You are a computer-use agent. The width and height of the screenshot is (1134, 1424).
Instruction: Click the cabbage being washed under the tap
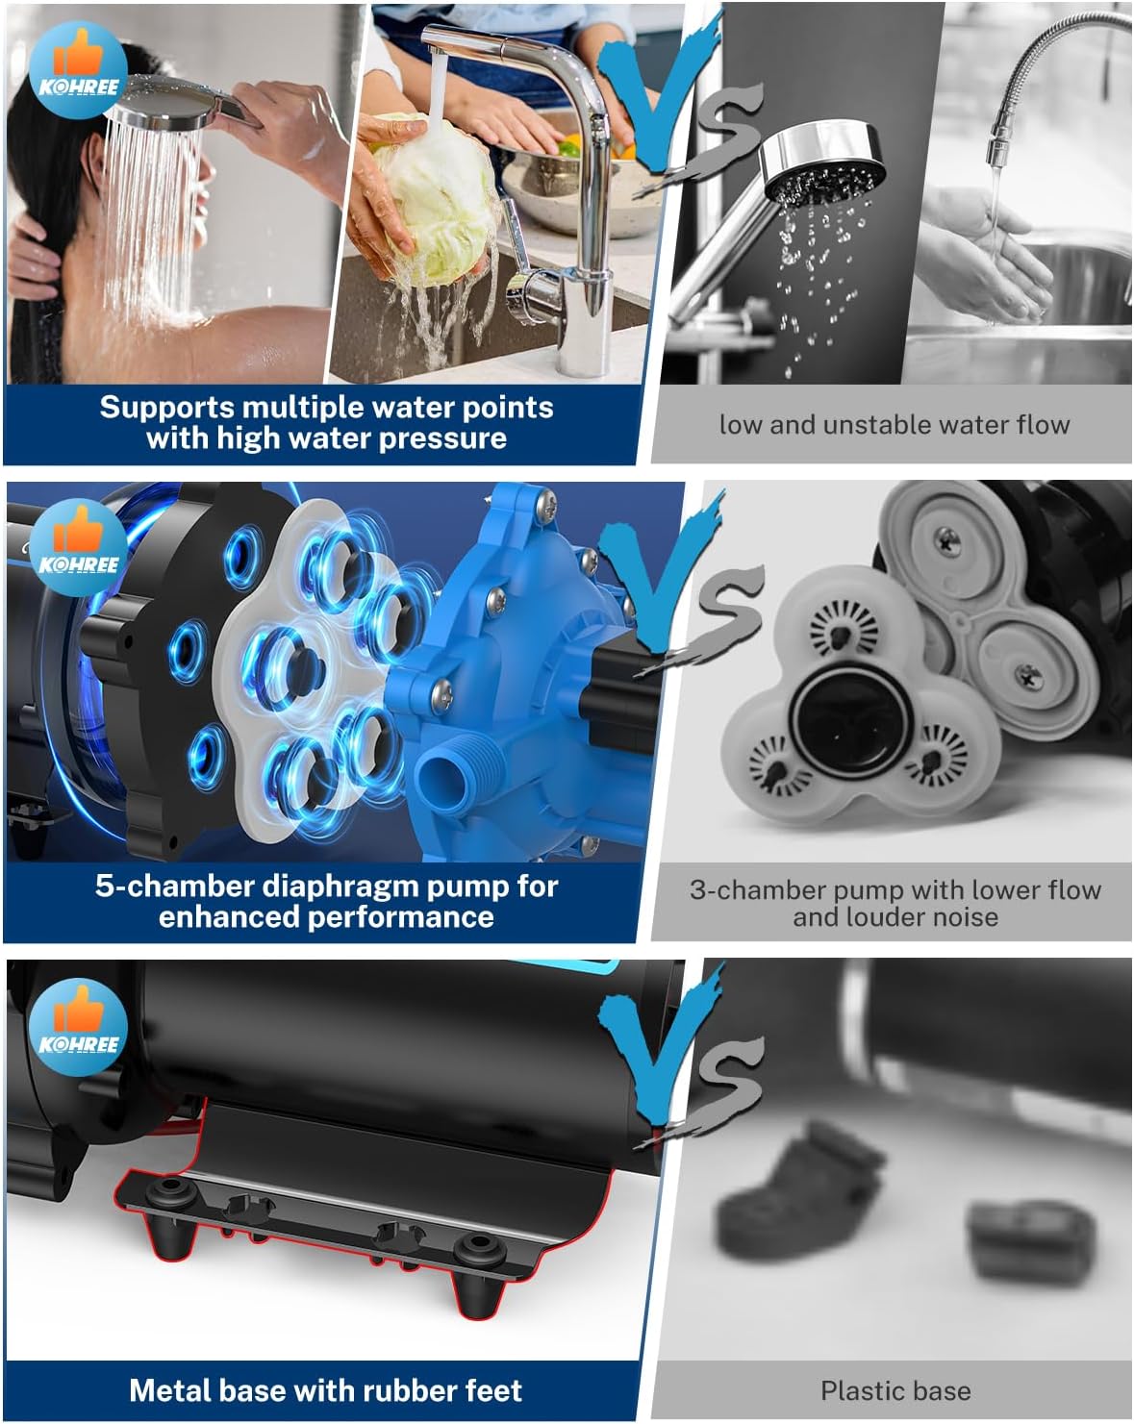433,198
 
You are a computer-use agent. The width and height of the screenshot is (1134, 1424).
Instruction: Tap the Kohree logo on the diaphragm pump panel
78,547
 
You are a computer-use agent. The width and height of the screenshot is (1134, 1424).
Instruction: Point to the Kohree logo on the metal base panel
78,1027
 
